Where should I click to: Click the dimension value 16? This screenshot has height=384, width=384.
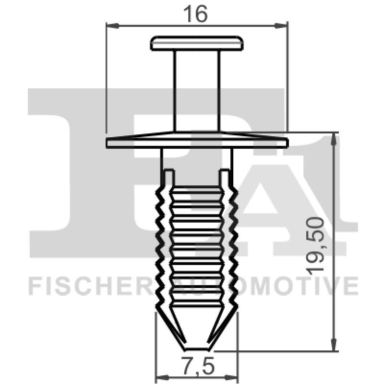pyautogui.click(x=196, y=14)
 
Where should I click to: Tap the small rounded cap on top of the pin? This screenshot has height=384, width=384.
pyautogui.click(x=197, y=43)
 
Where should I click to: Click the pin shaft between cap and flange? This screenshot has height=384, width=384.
pyautogui.click(x=197, y=91)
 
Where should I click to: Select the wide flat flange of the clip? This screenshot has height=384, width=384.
pyautogui.click(x=197, y=142)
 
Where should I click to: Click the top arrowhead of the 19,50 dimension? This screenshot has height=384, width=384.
pyautogui.click(x=333, y=138)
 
